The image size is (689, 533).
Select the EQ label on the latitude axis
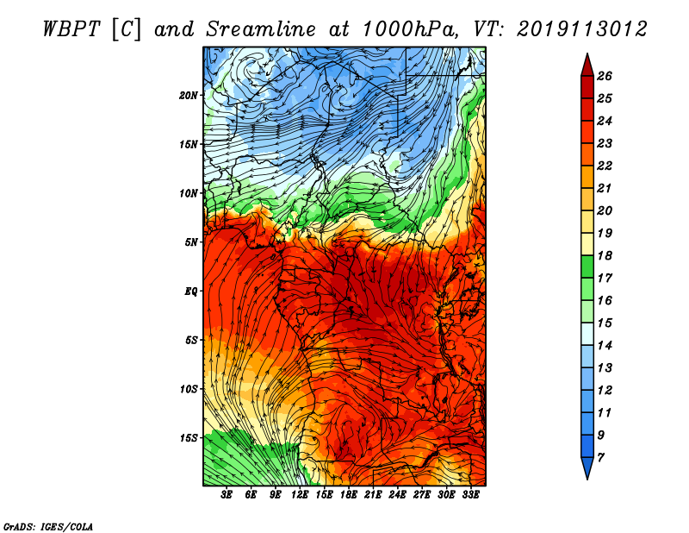tap(192, 291)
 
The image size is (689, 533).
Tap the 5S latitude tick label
tap(192, 340)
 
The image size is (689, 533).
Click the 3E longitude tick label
tap(227, 495)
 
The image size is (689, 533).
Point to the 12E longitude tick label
tap(300, 495)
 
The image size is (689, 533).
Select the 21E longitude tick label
tap(373, 495)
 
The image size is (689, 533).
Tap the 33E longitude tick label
tap(470, 495)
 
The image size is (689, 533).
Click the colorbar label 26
tap(605, 75)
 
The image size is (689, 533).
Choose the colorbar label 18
tap(605, 255)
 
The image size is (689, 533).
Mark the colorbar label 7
tap(602, 456)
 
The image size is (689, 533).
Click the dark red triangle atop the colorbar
tap(586, 64)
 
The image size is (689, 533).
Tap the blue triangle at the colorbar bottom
tap(586, 468)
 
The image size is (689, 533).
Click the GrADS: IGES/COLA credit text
tap(47, 525)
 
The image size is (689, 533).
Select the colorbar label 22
tap(605, 165)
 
